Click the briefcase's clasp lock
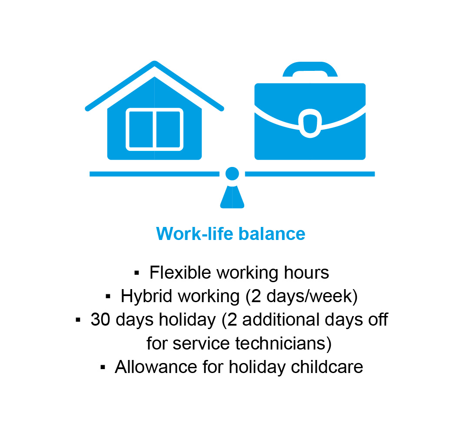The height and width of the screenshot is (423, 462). coord(310,123)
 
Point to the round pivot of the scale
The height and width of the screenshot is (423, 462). coord(232,173)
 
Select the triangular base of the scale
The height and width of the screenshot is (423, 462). coord(232,197)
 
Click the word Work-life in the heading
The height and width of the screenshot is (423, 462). coord(195,234)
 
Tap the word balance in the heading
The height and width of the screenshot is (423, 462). coord(272,234)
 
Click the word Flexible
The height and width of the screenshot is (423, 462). coord(180,272)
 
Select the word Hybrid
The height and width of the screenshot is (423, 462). coord(146,296)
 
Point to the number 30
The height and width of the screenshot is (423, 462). coord(100,320)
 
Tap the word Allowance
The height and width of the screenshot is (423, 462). coord(155,366)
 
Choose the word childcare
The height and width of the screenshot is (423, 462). coord(327,366)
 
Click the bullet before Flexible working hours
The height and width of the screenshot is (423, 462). coord(136,273)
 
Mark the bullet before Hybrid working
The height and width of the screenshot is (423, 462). coord(108,296)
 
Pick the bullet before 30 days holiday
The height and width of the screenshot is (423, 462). coord(78,320)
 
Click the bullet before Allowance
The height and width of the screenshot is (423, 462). coord(103,367)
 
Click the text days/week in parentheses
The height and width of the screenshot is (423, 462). coord(309,296)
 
